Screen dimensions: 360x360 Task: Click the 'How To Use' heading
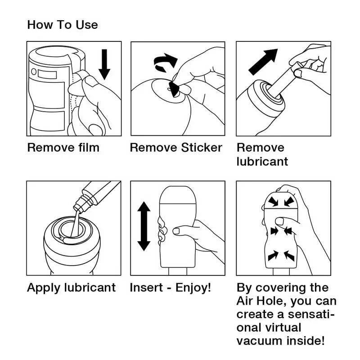(63, 25)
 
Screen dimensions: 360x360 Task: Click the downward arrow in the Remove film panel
(104, 64)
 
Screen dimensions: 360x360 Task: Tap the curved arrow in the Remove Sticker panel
(165, 63)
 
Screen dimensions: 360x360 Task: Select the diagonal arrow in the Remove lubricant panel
(263, 62)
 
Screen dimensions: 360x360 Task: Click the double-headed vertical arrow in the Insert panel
(144, 226)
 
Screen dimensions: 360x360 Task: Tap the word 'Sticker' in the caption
(202, 148)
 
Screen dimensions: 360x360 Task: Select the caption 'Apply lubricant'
(72, 288)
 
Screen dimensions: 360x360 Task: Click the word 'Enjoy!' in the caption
(193, 288)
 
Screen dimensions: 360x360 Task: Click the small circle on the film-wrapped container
(34, 72)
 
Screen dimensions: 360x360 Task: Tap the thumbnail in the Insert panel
(176, 231)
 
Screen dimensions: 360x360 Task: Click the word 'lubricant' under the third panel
(262, 162)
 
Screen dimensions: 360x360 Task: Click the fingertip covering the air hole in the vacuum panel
(279, 221)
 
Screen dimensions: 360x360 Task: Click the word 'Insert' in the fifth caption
(146, 288)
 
